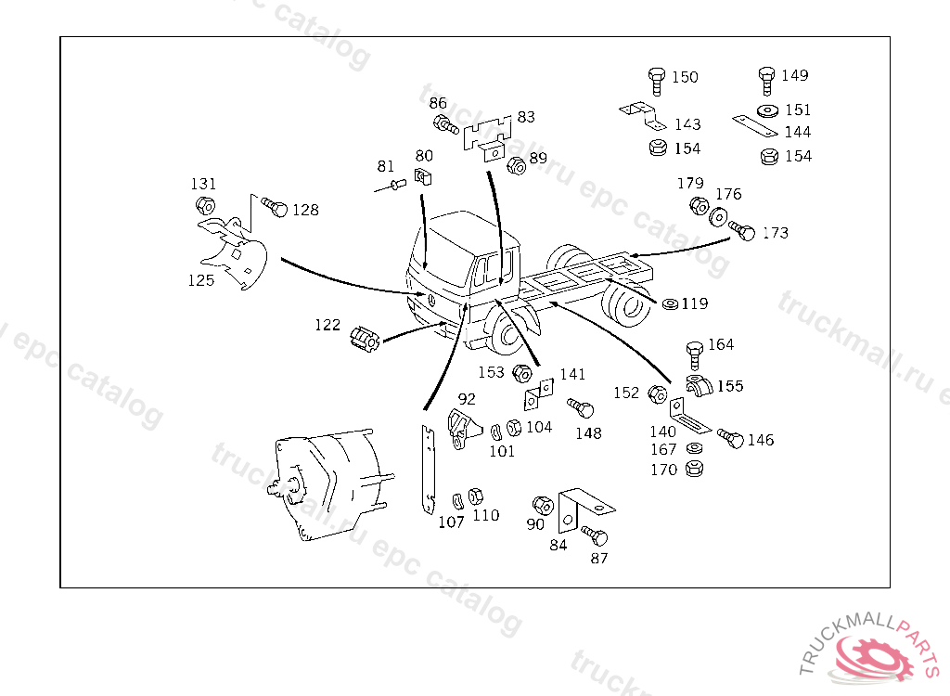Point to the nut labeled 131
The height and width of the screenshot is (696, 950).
pos(206,205)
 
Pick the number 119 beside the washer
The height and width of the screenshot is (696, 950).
pos(694,303)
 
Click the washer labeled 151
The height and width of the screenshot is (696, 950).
pos(766,110)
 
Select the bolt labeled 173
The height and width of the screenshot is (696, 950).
pos(743,230)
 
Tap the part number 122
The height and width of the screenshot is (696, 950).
pos(327,325)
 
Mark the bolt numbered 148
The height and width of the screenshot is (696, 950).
pos(581,409)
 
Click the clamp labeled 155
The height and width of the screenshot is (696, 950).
pos(699,385)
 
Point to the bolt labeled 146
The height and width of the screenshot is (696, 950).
pos(731,438)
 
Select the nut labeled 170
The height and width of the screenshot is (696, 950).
pos(693,469)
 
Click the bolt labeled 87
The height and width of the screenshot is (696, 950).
pos(596,535)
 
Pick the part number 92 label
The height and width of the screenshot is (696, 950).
pos(467,399)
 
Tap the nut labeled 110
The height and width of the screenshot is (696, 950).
pos(475,495)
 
